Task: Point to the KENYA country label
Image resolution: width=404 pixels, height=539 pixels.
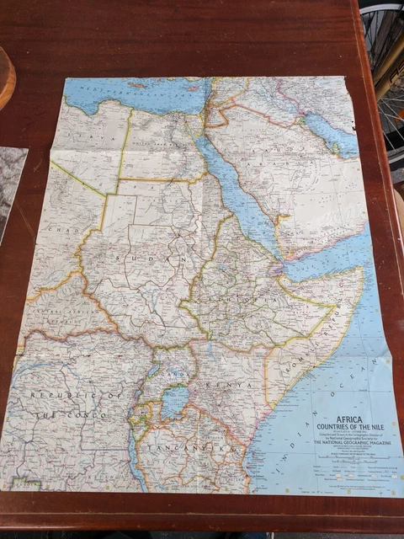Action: [231, 385]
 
